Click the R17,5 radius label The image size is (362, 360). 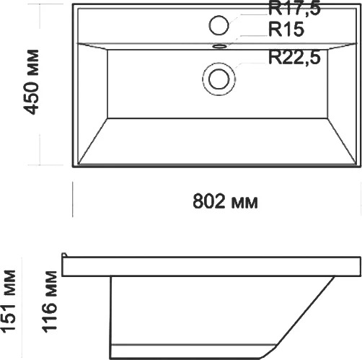tap(294, 9)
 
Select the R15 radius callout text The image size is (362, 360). tap(286, 30)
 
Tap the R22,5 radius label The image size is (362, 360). tap(294, 58)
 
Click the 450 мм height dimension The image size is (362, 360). tap(32, 82)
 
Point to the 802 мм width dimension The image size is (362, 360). tap(225, 201)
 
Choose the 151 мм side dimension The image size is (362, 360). tap(9, 302)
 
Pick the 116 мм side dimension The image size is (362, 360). tap(50, 302)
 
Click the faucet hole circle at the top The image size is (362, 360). tap(218, 25)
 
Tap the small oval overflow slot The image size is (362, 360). tap(219, 45)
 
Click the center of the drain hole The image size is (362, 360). tap(218, 79)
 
